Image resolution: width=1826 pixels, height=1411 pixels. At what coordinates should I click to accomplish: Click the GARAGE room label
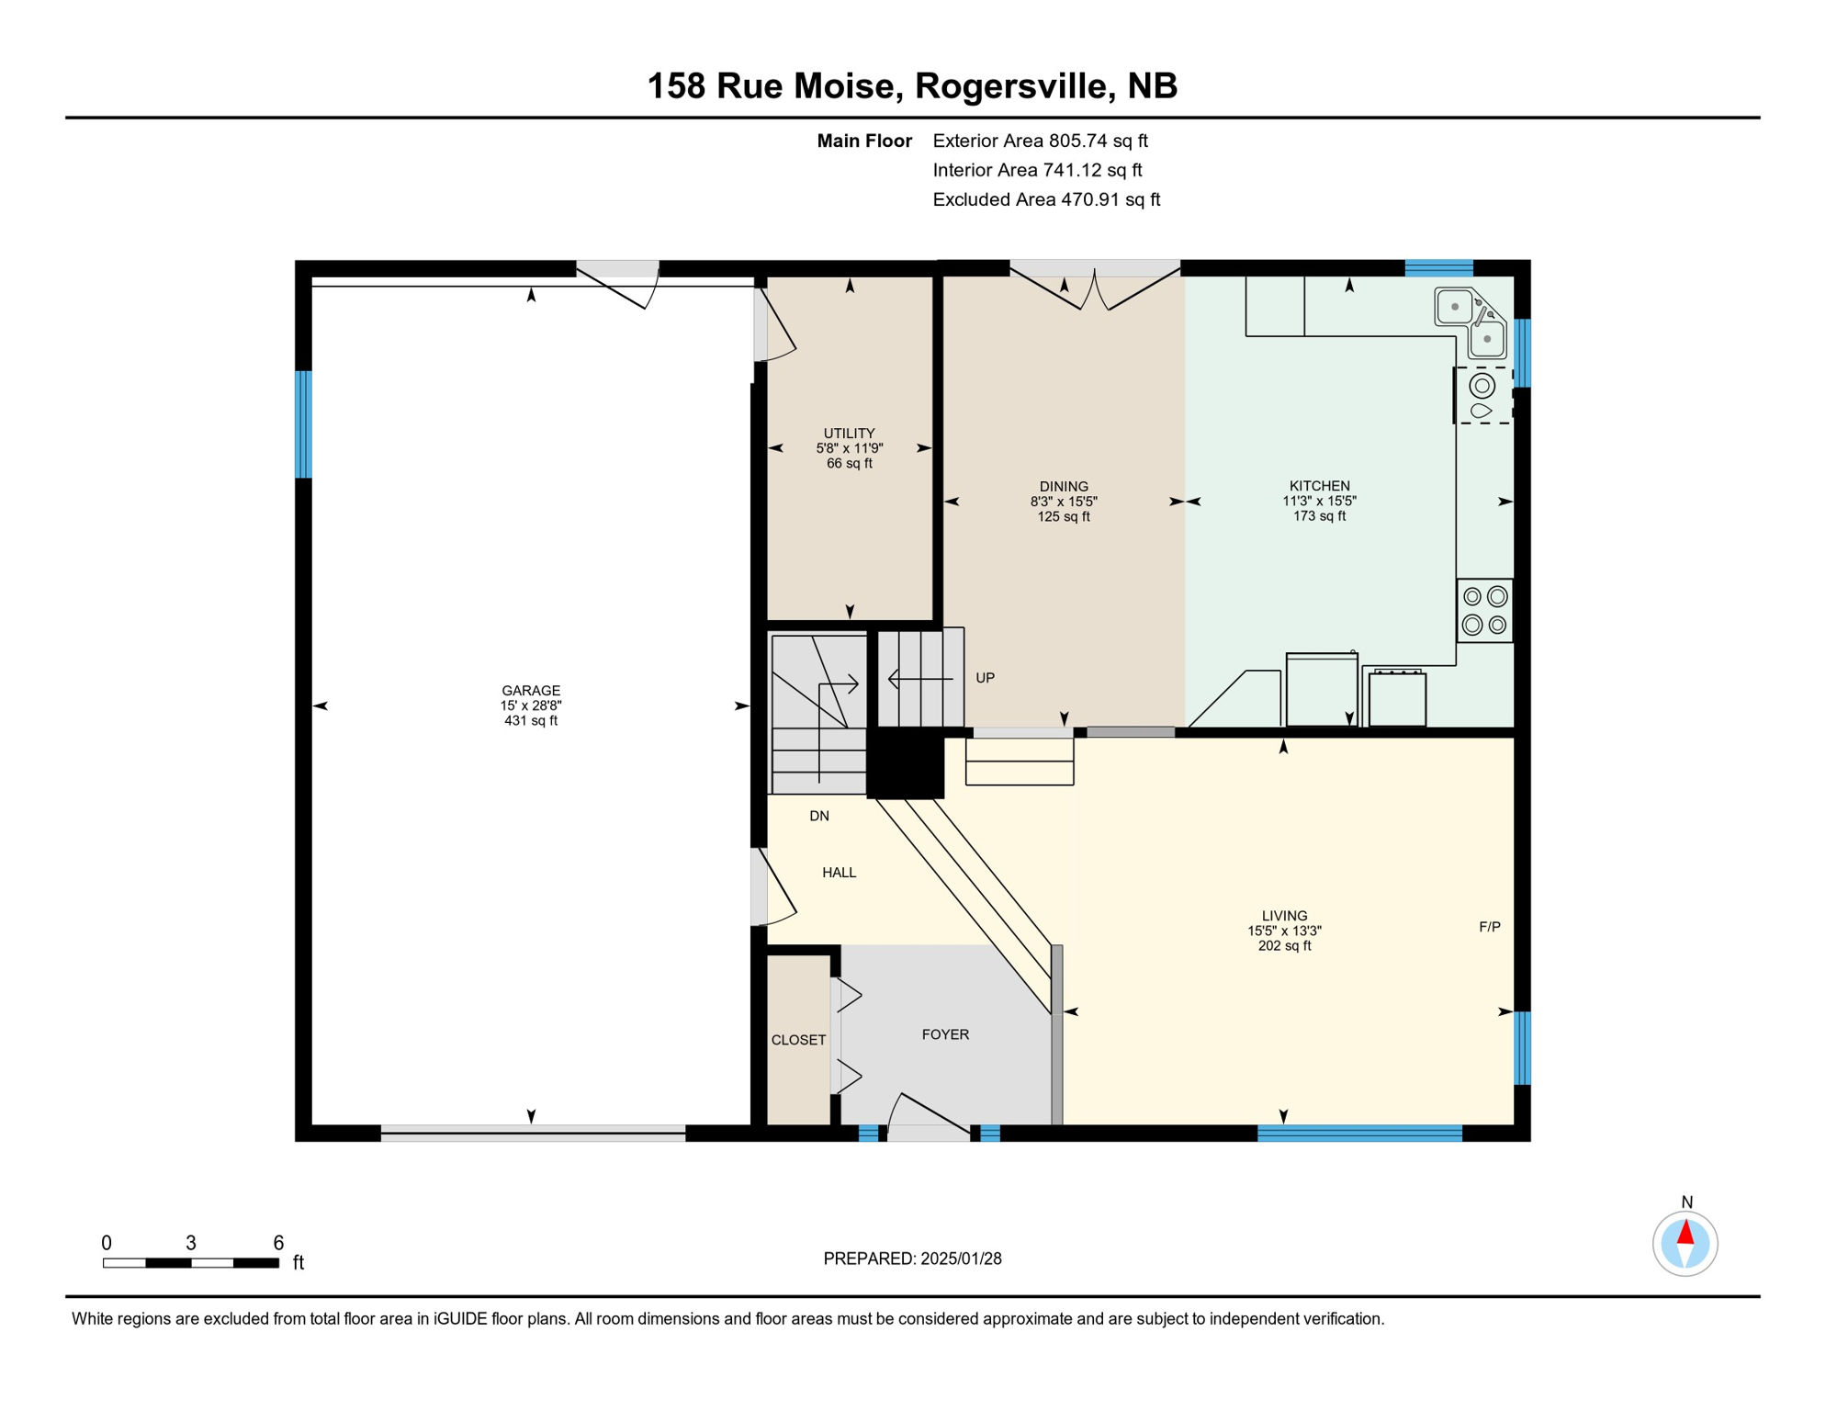pos(531,691)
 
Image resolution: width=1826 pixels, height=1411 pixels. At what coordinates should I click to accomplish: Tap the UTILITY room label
pos(849,434)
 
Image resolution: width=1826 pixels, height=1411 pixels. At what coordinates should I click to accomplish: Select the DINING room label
pos(1064,487)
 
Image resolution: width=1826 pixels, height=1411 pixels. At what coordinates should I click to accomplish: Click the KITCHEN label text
pos(1319,486)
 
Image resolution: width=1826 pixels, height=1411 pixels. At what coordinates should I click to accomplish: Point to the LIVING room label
pos(1284,916)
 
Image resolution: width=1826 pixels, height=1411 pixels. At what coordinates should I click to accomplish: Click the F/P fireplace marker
pos(1489,927)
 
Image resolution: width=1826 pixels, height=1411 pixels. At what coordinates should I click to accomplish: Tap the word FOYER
pos(945,1034)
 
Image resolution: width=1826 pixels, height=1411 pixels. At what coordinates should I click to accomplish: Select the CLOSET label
pos(798,1040)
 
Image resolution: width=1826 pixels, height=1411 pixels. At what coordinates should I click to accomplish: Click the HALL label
pos(839,873)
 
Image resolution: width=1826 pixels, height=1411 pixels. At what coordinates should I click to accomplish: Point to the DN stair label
pos(819,816)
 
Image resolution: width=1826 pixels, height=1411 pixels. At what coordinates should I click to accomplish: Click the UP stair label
pos(985,678)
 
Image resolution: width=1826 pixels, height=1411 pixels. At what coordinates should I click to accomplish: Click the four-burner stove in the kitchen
pos(1484,611)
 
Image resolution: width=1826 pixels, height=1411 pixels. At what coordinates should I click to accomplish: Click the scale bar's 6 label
pos(278,1243)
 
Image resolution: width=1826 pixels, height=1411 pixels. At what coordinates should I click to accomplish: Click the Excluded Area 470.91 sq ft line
pos(1045,199)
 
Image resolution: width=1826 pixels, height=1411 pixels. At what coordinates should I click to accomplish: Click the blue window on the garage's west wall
pos(303,424)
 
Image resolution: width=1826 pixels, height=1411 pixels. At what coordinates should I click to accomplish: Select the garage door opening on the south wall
pos(533,1133)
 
